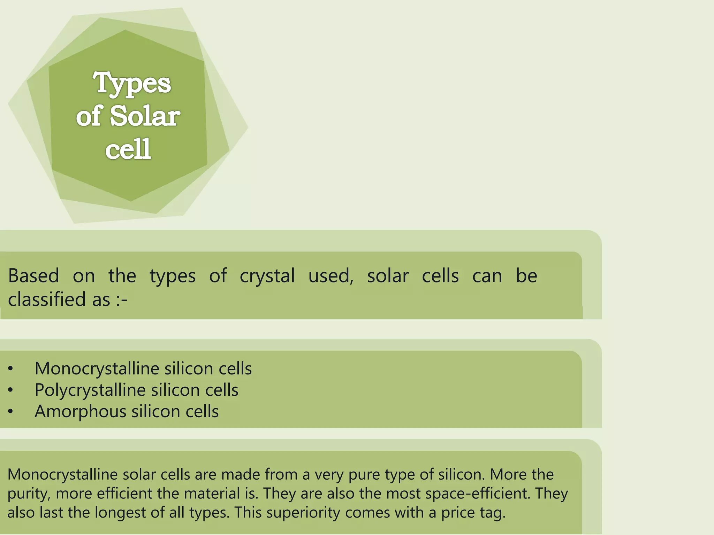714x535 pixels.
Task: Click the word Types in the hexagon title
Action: click(132, 84)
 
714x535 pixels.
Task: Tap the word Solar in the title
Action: click(145, 116)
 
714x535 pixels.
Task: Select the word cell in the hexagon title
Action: click(128, 149)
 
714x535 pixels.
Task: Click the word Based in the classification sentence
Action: click(33, 276)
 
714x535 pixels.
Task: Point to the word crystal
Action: click(267, 276)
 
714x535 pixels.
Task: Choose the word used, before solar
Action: click(331, 276)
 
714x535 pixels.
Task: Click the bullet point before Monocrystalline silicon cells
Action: click(10, 369)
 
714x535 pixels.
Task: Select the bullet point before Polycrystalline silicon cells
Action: click(10, 390)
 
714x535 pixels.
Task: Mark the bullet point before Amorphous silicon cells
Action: click(10, 412)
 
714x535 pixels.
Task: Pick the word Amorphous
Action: click(80, 412)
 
